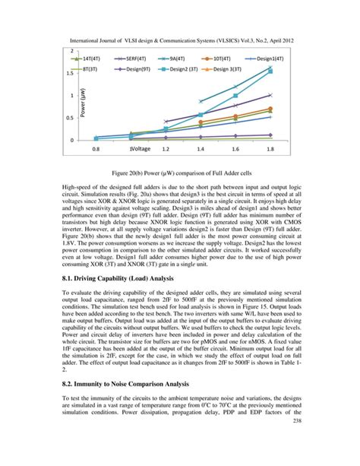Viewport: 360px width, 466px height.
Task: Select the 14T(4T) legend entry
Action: pyautogui.click(x=88, y=57)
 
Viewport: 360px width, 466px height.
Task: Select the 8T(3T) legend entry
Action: pyautogui.click(x=88, y=68)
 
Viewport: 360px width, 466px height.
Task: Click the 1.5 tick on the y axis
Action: pyautogui.click(x=69, y=74)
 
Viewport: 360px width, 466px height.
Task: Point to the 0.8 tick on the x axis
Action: pyautogui.click(x=96, y=150)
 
